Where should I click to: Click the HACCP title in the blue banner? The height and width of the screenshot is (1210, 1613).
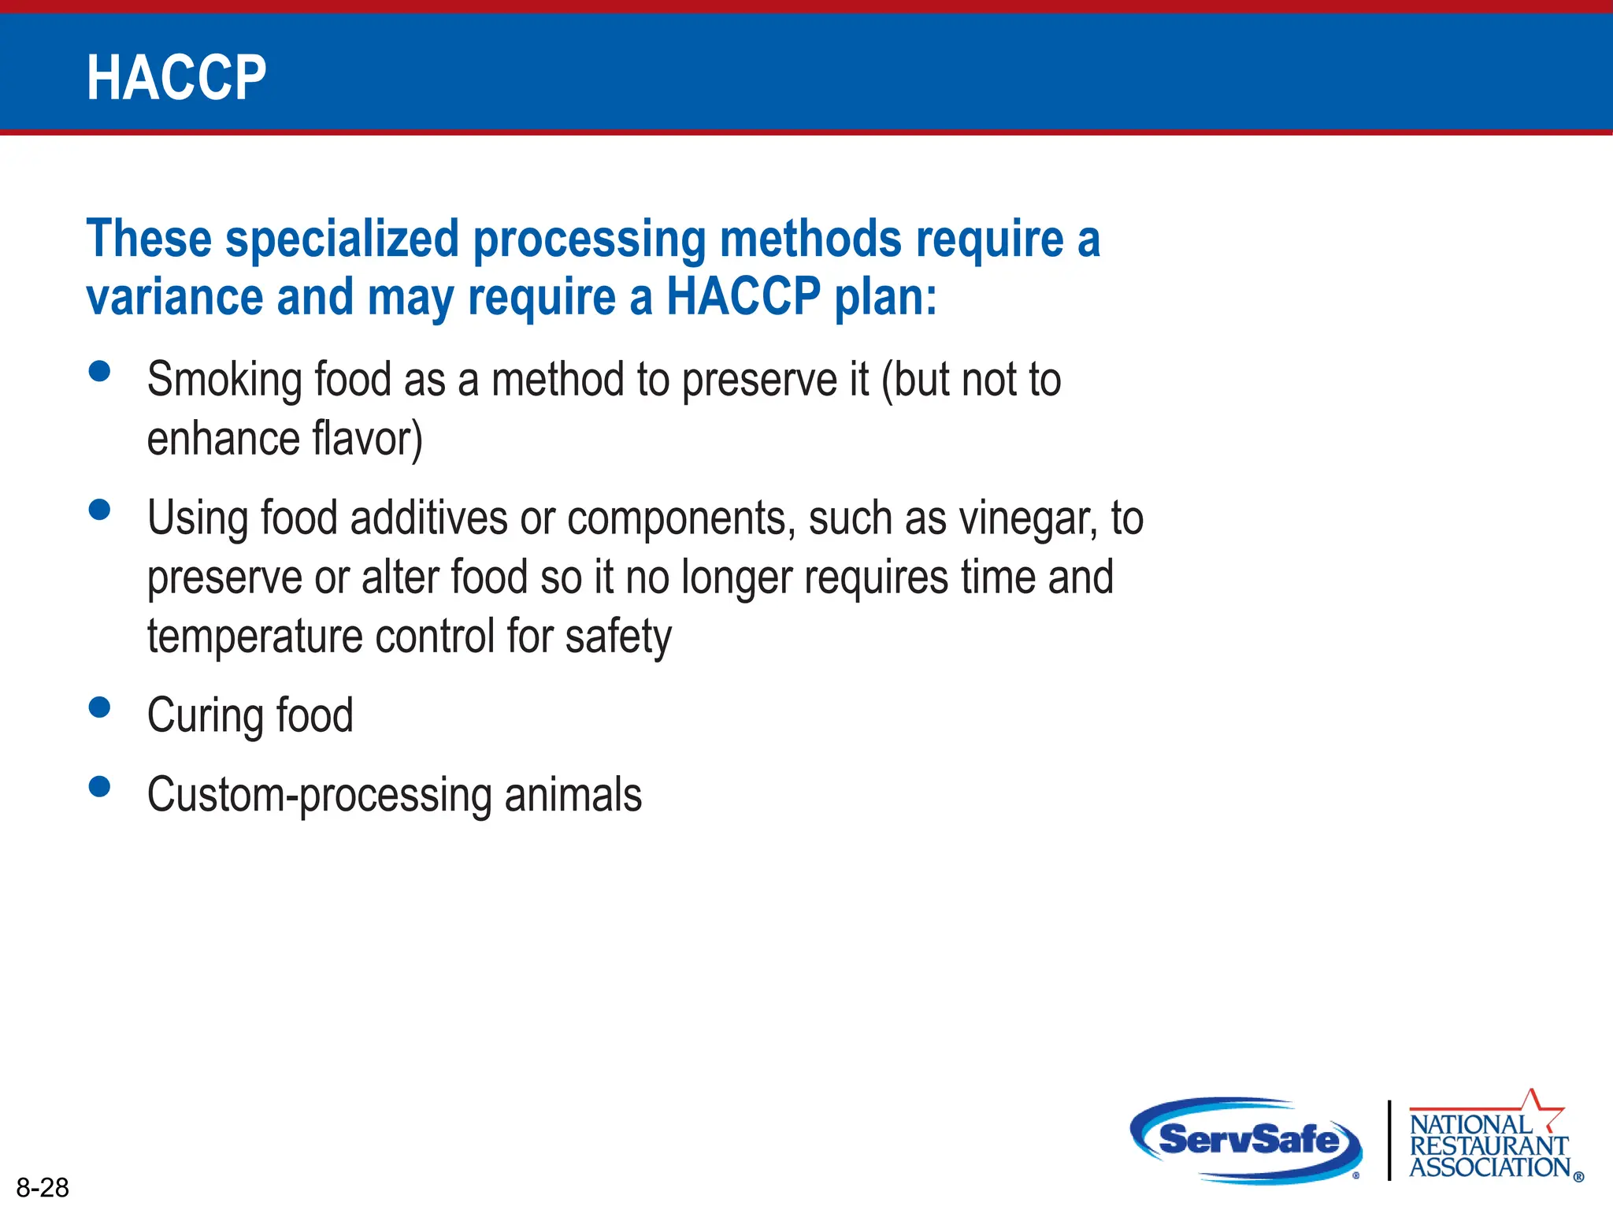click(x=176, y=78)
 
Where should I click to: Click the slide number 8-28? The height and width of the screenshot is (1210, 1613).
click(x=43, y=1187)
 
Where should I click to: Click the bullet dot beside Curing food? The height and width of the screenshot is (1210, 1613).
click(x=99, y=707)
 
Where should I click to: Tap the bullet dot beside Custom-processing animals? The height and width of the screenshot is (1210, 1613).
click(x=99, y=786)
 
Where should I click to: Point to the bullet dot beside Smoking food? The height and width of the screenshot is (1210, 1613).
click(x=99, y=371)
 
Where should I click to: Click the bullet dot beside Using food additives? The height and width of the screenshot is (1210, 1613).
click(x=99, y=510)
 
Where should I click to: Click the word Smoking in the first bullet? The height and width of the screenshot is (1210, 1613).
click(x=224, y=380)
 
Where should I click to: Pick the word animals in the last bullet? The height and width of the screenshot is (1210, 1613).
click(x=573, y=795)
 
